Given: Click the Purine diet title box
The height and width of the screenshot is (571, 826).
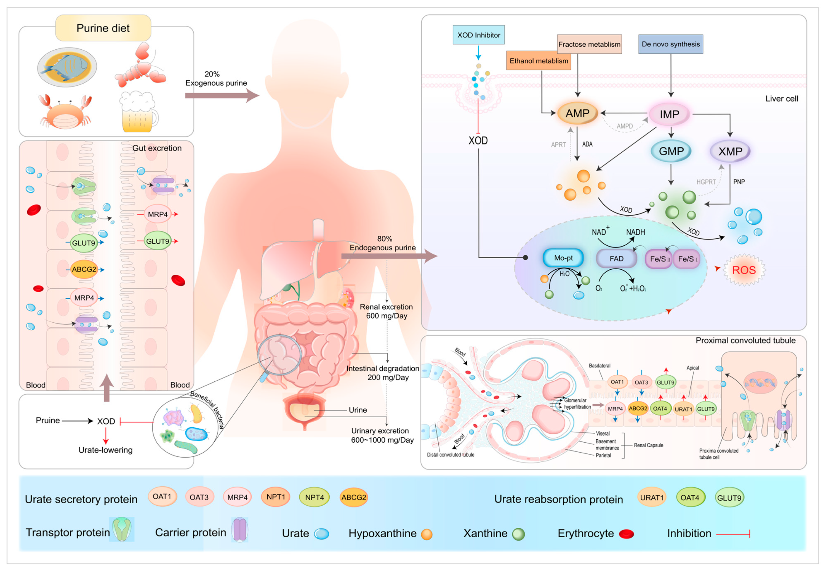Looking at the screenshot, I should [x=103, y=28].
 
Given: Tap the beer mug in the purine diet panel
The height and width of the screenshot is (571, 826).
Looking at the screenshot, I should [x=138, y=112].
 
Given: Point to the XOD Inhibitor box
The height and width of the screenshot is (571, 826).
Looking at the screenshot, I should [x=478, y=35].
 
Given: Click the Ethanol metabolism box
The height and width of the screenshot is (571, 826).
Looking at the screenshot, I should [x=538, y=60].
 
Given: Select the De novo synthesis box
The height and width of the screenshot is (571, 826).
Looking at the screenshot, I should [x=670, y=44].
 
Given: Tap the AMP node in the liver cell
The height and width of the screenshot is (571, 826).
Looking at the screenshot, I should [x=577, y=113].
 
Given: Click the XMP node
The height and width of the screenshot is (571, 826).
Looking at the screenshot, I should [x=730, y=151].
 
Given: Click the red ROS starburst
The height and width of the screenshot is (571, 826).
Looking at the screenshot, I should [x=744, y=270].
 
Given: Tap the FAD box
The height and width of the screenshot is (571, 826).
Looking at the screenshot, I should [x=616, y=258].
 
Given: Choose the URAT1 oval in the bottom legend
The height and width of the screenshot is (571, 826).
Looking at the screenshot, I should [x=652, y=497].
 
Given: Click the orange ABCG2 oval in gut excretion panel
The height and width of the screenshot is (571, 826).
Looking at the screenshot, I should [x=84, y=269].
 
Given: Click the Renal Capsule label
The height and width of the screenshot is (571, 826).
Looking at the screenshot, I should [x=648, y=445].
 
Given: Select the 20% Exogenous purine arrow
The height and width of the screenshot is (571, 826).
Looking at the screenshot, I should [x=222, y=95].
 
